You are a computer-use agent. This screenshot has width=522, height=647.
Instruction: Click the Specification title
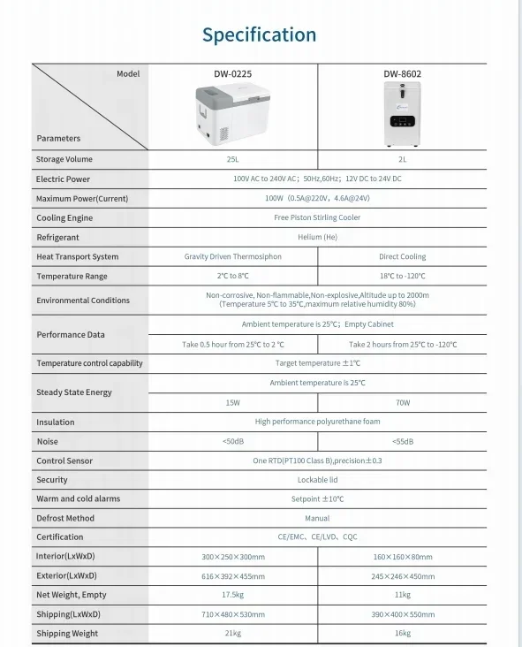pyautogui.click(x=259, y=35)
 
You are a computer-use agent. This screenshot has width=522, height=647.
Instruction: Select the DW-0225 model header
pyautogui.click(x=233, y=74)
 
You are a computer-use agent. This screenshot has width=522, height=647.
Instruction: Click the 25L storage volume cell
pyautogui.click(x=232, y=160)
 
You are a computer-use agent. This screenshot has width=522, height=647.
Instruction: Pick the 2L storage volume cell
pyautogui.click(x=402, y=160)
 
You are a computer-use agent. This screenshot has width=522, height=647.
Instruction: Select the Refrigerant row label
pyautogui.click(x=57, y=238)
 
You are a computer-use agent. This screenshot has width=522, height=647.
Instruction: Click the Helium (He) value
pyautogui.click(x=317, y=238)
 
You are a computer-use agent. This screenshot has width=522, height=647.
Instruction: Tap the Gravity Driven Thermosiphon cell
pyautogui.click(x=232, y=257)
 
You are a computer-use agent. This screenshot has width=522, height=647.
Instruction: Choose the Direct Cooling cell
pyautogui.click(x=402, y=257)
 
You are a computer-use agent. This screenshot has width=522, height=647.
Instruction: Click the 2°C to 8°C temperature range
pyautogui.click(x=232, y=277)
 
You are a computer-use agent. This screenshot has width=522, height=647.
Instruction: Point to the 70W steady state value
pyautogui.click(x=402, y=403)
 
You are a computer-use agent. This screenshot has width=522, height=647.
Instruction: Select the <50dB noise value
pyautogui.click(x=232, y=442)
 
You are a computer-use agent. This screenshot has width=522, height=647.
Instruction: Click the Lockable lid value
pyautogui.click(x=317, y=480)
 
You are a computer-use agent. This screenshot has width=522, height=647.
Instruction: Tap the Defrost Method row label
pyautogui.click(x=65, y=518)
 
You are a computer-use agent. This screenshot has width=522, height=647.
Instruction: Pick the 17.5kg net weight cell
pyautogui.click(x=232, y=595)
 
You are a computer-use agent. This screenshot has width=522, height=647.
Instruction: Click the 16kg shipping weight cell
pyautogui.click(x=402, y=634)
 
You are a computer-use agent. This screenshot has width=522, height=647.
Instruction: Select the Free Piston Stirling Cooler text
pyautogui.click(x=317, y=218)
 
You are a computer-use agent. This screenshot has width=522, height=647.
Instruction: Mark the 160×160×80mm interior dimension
pyautogui.click(x=402, y=557)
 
